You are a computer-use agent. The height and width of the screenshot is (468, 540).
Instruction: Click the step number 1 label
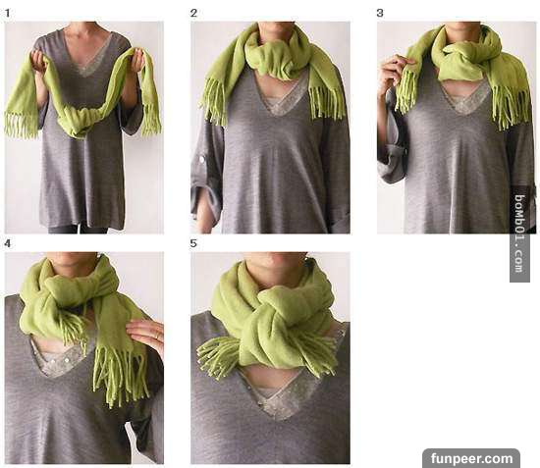click(x=7, y=14)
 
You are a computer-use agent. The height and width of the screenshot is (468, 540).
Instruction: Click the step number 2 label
click(x=193, y=14)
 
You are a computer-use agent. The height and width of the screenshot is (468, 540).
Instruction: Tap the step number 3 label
click(x=380, y=14)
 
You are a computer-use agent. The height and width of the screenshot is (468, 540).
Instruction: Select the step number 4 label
click(x=7, y=244)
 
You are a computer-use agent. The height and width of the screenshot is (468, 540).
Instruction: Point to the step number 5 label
click(x=193, y=244)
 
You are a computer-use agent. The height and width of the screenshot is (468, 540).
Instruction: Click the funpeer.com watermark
click(x=471, y=458)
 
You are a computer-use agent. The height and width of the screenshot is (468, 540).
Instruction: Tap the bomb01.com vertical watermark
click(x=520, y=234)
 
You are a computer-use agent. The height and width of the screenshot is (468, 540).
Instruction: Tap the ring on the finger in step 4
click(x=157, y=336)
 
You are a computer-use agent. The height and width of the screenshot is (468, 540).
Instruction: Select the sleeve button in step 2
click(x=200, y=159)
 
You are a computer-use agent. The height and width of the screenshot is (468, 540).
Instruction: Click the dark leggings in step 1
click(x=78, y=229)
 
